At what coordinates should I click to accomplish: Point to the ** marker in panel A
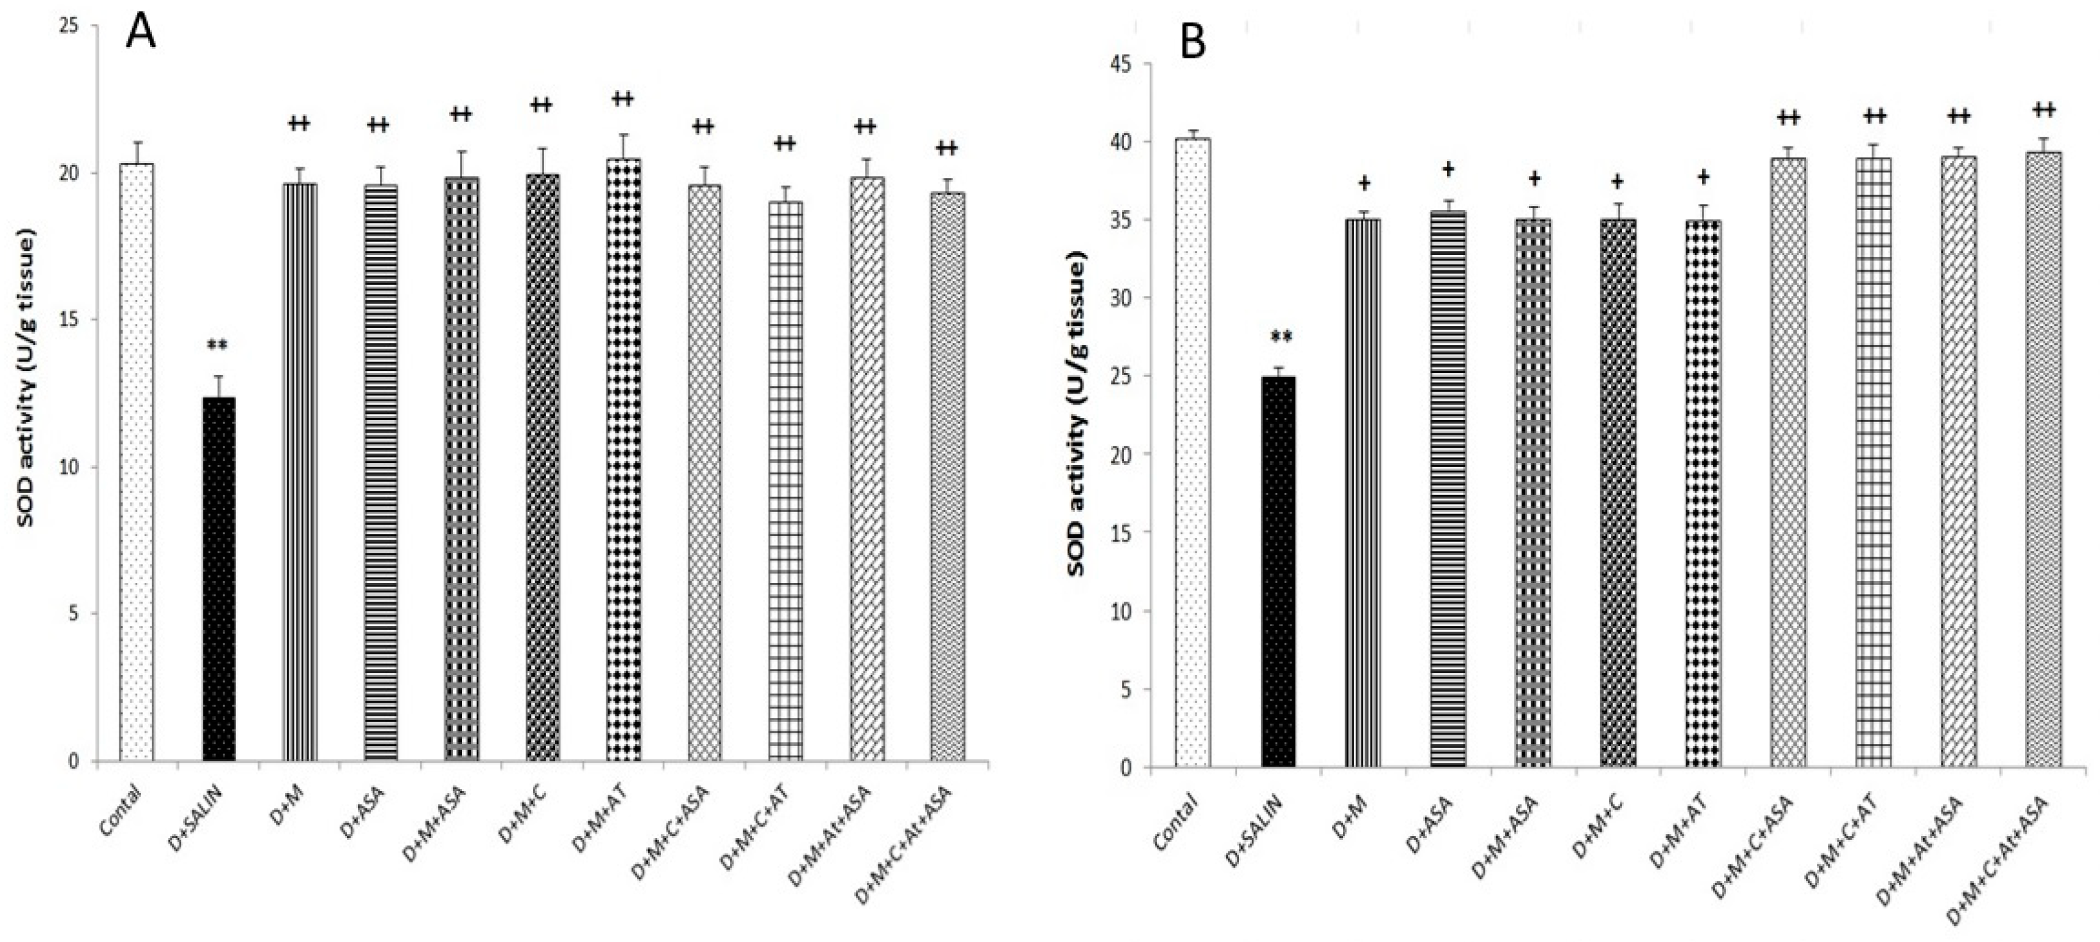217,345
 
